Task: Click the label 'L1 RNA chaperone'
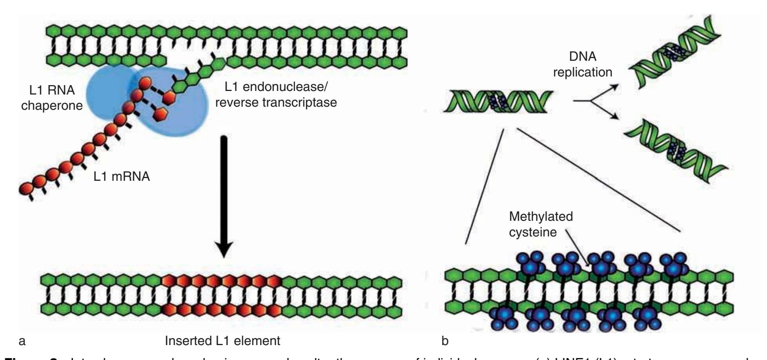pyautogui.click(x=52, y=98)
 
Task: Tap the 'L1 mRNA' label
pyautogui.click(x=122, y=176)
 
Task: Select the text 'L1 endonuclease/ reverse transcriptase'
pyautogui.click(x=276, y=95)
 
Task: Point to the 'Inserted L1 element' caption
pyautogui.click(x=222, y=341)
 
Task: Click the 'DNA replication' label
pyautogui.click(x=583, y=64)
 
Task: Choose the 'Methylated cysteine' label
pyautogui.click(x=541, y=224)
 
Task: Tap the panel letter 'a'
pyautogui.click(x=22, y=341)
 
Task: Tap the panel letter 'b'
pyautogui.click(x=445, y=341)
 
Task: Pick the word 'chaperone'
pyautogui.click(x=52, y=106)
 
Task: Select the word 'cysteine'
pyautogui.click(x=533, y=232)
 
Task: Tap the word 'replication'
pyautogui.click(x=583, y=72)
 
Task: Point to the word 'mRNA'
pyautogui.click(x=131, y=176)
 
